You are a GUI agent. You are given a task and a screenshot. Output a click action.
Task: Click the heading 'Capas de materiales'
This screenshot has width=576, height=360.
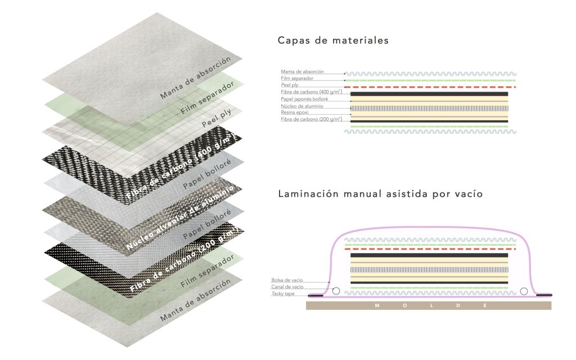pyautogui.click(x=333, y=41)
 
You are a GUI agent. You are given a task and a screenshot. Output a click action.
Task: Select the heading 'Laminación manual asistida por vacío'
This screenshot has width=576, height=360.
pyautogui.click(x=380, y=194)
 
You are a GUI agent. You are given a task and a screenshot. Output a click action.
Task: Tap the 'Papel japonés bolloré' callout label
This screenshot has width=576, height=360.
pyautogui.click(x=304, y=98)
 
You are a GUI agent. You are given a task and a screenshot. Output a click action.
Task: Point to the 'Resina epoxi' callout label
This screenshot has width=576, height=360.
pyautogui.click(x=295, y=112)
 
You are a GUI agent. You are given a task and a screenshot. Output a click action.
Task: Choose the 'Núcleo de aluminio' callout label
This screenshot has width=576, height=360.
pyautogui.click(x=301, y=106)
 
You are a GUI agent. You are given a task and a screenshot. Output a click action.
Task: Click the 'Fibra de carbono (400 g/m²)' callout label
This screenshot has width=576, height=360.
pyautogui.click(x=311, y=91)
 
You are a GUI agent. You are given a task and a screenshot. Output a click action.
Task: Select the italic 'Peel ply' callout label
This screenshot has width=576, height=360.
pyautogui.click(x=290, y=85)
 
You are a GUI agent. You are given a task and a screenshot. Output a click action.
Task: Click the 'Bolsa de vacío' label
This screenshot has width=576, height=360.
pyautogui.click(x=286, y=280)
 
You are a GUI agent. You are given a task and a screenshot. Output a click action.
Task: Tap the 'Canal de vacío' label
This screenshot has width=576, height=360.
pyautogui.click(x=287, y=287)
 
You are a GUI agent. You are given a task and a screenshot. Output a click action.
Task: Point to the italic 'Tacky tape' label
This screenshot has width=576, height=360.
pyautogui.click(x=283, y=294)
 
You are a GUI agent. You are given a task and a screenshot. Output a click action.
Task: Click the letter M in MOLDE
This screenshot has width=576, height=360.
pyautogui.click(x=376, y=306)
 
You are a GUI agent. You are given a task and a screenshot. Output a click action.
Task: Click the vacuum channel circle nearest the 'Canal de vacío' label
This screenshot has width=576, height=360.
pyautogui.click(x=336, y=291)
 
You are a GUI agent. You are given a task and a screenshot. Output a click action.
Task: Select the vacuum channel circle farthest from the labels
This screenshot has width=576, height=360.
pyautogui.click(x=524, y=291)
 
